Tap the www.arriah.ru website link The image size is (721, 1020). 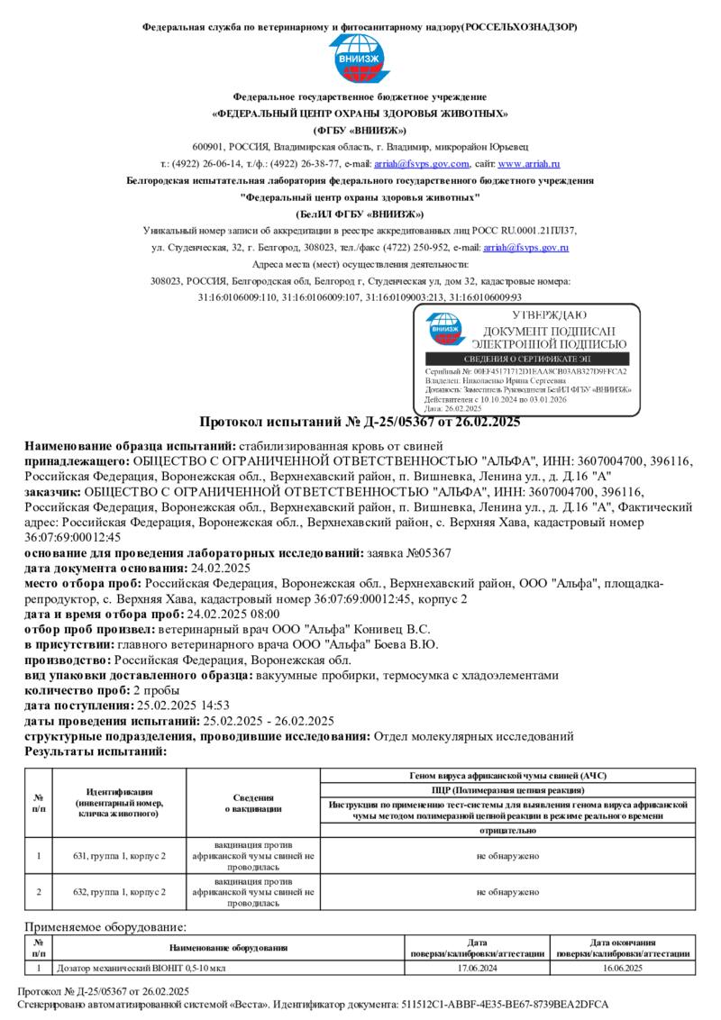coord(529,164)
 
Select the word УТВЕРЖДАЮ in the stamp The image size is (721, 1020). coord(549,315)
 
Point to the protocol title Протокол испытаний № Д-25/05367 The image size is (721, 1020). coord(360,422)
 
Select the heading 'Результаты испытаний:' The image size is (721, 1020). coord(96,751)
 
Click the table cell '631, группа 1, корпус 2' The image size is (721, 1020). coord(120,855)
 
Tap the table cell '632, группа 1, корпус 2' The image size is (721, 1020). coord(120,892)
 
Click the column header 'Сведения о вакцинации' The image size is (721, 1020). coord(253,803)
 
